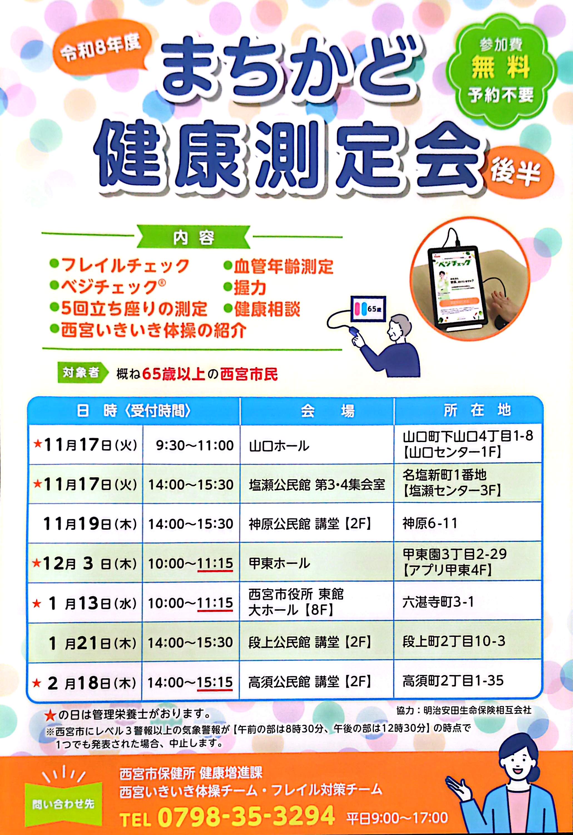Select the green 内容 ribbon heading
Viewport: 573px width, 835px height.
[194, 237]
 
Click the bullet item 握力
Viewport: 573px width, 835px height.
[245, 288]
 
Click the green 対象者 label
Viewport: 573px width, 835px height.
[83, 373]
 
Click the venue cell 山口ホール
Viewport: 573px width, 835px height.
[279, 446]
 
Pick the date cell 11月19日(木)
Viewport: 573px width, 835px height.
[90, 524]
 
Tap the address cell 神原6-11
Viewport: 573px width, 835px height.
[430, 523]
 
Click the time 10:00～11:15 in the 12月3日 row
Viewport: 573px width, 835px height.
[190, 563]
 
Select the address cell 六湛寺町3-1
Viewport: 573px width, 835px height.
[438, 602]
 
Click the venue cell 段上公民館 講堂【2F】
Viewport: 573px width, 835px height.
[310, 642]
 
